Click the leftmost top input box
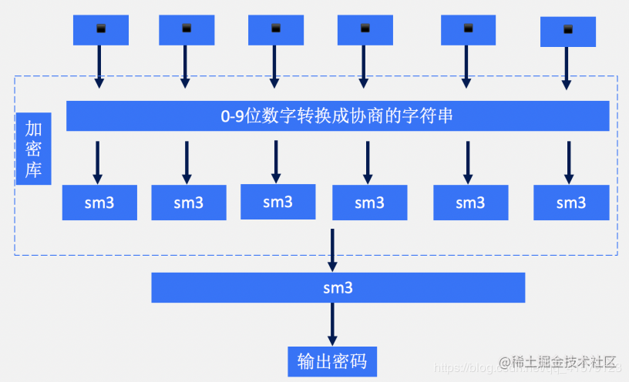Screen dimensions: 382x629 (x=100, y=30)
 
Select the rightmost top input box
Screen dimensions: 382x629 (x=568, y=31)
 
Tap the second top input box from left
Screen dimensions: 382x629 (x=187, y=30)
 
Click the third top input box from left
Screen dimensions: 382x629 (x=276, y=30)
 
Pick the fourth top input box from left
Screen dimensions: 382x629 (x=365, y=30)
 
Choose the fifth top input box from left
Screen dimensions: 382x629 (x=468, y=30)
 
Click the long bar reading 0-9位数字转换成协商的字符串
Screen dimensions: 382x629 (x=338, y=116)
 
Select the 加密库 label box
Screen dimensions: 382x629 (x=34, y=149)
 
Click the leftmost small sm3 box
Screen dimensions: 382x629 (x=99, y=203)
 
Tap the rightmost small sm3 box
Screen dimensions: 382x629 (x=571, y=203)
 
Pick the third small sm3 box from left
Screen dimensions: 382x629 (x=277, y=203)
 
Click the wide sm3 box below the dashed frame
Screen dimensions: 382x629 (x=338, y=288)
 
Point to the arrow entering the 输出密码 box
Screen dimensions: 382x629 (x=332, y=323)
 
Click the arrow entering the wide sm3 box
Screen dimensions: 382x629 (x=332, y=250)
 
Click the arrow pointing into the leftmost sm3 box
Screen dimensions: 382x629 (x=98, y=162)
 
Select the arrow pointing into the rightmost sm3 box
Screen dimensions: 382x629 (x=569, y=162)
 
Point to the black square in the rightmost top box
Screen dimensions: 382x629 (x=568, y=30)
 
